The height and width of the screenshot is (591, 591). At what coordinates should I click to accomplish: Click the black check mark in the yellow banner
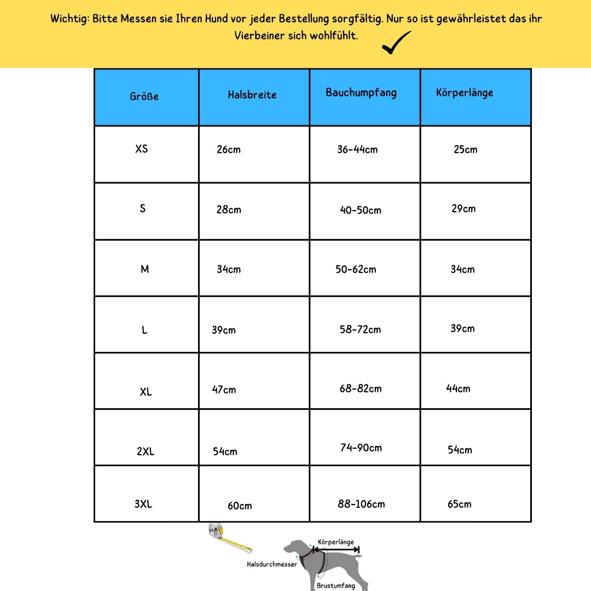tap(397, 43)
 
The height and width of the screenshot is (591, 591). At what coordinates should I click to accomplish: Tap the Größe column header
tap(144, 96)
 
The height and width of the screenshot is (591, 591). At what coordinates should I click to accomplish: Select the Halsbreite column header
tap(252, 95)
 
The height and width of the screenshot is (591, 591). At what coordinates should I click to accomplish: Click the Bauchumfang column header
tap(361, 92)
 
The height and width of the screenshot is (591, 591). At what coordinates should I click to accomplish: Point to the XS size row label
tap(142, 148)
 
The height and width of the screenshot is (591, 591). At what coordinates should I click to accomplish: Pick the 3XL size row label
tap(143, 504)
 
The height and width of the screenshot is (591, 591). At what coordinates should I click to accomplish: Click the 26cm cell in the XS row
tap(229, 149)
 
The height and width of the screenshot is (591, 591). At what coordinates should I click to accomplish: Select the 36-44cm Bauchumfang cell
tap(357, 149)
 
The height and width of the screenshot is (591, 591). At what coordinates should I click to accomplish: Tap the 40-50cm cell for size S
tap(361, 210)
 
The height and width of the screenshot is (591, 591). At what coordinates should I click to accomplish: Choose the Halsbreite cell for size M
tap(229, 269)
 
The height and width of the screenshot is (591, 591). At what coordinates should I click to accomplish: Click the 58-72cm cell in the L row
tap(360, 329)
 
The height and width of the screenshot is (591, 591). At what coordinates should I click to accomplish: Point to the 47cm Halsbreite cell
tap(224, 390)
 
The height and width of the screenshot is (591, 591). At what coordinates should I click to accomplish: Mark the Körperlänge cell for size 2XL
tap(460, 450)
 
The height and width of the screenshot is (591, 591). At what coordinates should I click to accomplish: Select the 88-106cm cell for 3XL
tap(361, 504)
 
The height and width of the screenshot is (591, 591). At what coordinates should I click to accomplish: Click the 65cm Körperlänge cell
tap(460, 504)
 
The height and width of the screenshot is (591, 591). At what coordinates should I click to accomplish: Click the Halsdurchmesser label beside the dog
tap(272, 564)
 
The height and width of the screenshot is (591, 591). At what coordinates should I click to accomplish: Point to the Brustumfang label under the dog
tap(336, 586)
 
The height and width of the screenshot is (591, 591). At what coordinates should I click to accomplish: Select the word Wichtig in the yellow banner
tap(69, 19)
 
